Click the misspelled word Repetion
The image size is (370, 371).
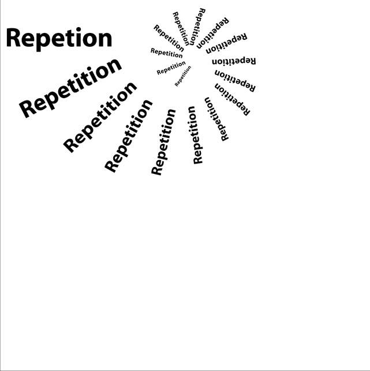(59, 39)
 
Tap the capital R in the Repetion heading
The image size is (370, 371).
(13, 38)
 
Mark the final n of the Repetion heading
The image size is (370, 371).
(105, 40)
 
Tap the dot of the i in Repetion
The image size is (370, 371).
(79, 29)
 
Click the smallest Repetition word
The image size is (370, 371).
(183, 76)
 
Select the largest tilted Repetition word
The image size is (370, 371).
(70, 88)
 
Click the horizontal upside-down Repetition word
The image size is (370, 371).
(234, 61)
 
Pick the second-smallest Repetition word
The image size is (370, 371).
(171, 68)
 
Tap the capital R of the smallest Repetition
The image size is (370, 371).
(177, 84)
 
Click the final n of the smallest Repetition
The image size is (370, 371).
(189, 68)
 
